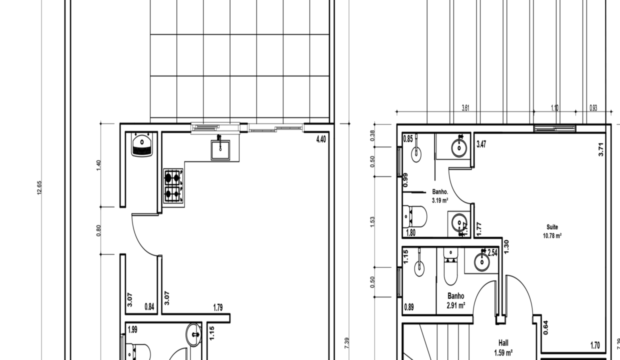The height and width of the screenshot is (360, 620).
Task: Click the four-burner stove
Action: click(173, 185)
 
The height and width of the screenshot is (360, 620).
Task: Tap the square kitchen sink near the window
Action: click(220, 149)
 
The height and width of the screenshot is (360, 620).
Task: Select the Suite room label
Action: click(552, 227)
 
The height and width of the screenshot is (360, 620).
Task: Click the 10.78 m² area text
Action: click(552, 235)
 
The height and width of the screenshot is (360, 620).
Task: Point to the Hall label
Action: click(503, 343)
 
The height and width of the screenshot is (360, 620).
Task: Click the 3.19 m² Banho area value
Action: click(440, 200)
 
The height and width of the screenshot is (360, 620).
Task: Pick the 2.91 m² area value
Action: click(456, 304)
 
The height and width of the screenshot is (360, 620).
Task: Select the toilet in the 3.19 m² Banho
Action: click(415, 217)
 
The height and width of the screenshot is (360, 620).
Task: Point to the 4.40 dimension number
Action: click(321, 139)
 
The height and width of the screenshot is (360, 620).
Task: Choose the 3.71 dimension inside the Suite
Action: click(601, 149)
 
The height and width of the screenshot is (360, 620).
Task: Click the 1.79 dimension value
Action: click(218, 307)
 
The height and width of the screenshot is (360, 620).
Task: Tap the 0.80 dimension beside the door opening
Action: click(98, 230)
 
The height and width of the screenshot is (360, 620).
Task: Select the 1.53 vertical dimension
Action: click(372, 221)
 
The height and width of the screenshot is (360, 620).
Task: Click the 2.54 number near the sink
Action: click(492, 253)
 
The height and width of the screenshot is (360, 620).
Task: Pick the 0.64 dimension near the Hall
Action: click(545, 327)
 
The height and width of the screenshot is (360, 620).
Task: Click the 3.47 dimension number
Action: click(481, 144)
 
